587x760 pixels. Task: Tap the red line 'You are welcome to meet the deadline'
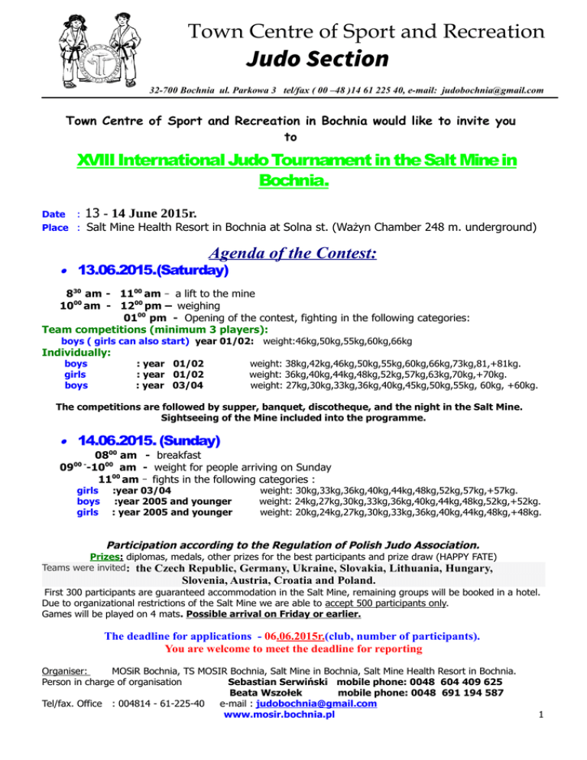click(x=293, y=649)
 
